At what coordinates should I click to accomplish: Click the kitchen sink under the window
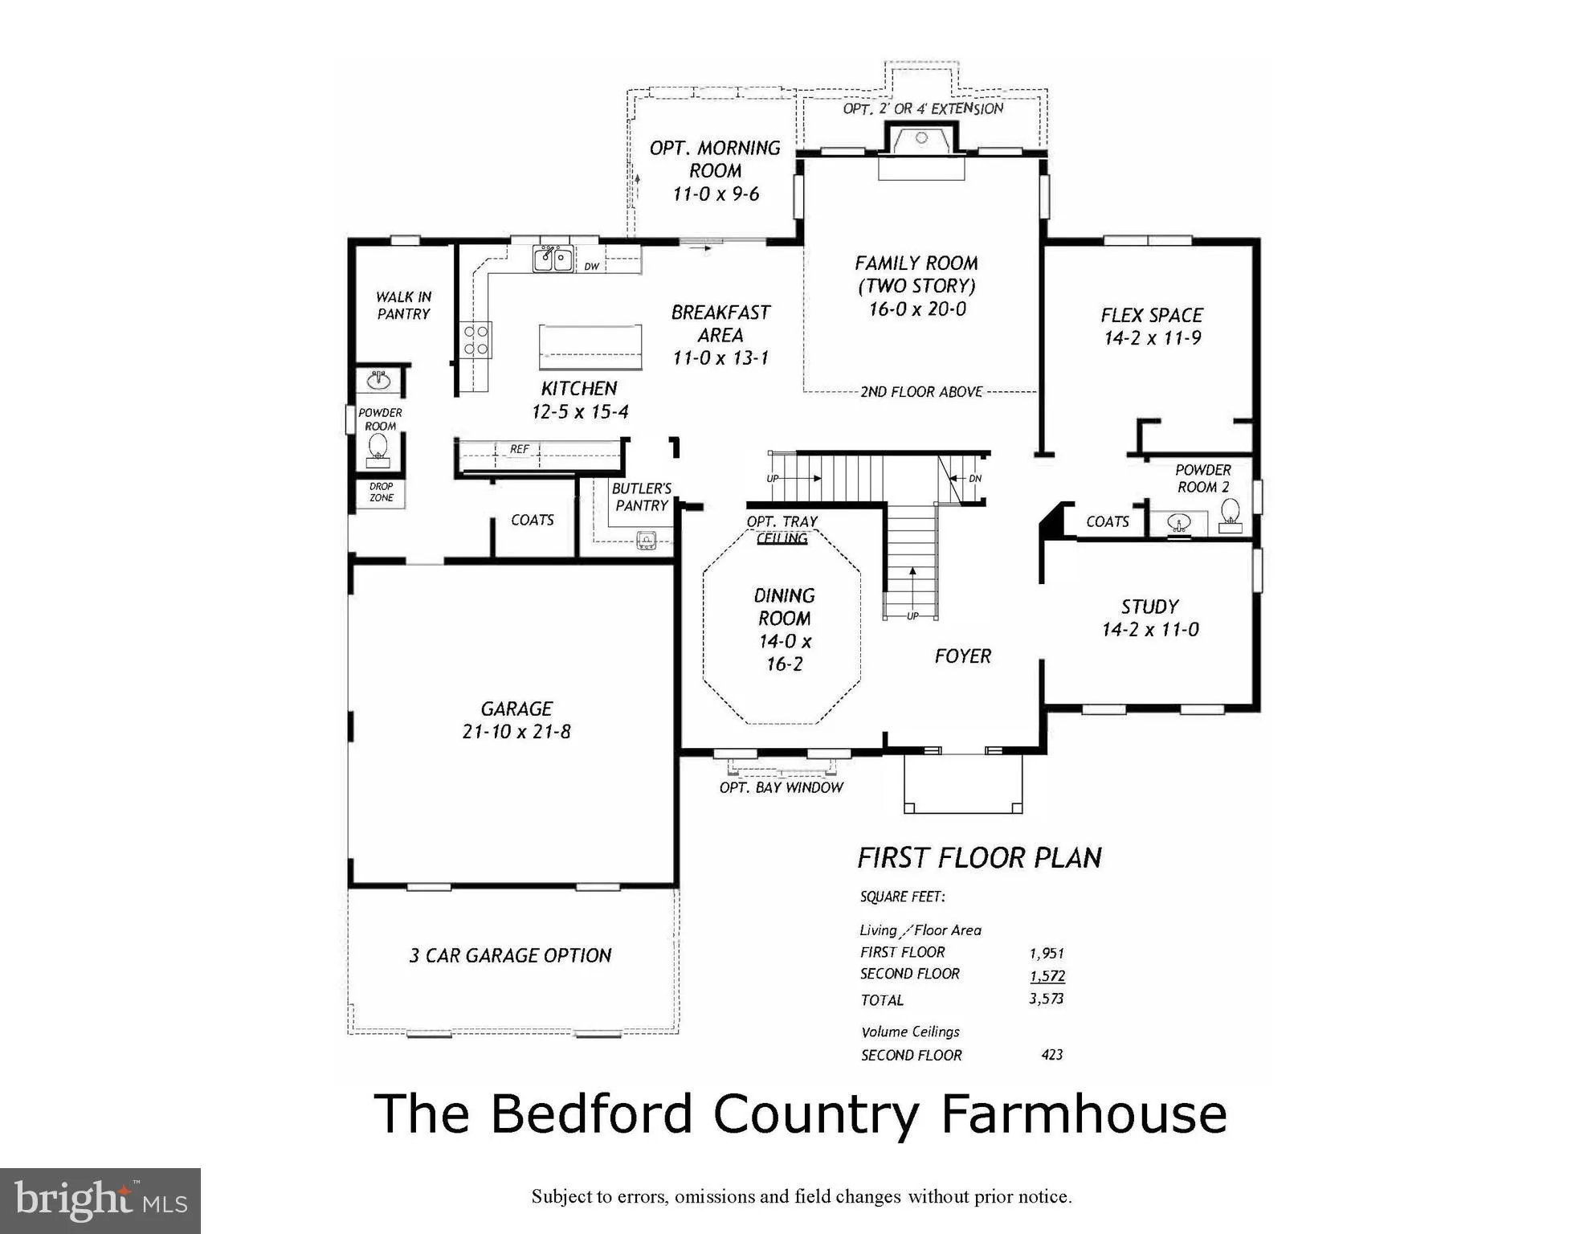click(553, 259)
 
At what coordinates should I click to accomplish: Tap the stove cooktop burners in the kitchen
click(476, 340)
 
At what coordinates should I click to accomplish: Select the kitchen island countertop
click(590, 347)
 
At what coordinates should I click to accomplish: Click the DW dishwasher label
click(592, 267)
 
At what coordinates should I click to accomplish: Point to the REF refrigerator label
click(520, 449)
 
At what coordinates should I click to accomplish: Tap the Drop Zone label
click(382, 492)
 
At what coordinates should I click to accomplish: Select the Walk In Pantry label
click(403, 305)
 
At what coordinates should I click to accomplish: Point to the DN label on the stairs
click(975, 478)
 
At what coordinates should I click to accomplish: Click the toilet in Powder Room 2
click(1230, 515)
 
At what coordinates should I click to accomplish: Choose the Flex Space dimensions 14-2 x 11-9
click(1153, 338)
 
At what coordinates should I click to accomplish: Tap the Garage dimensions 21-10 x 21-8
click(516, 732)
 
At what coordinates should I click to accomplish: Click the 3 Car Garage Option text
click(511, 955)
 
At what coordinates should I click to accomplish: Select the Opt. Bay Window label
click(782, 787)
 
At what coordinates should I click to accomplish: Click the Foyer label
click(962, 656)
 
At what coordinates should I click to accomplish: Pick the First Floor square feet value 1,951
click(1047, 954)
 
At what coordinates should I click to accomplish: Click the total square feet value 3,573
click(1047, 999)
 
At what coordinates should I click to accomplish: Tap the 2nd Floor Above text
click(921, 392)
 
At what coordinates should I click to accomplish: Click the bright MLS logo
click(100, 1200)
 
